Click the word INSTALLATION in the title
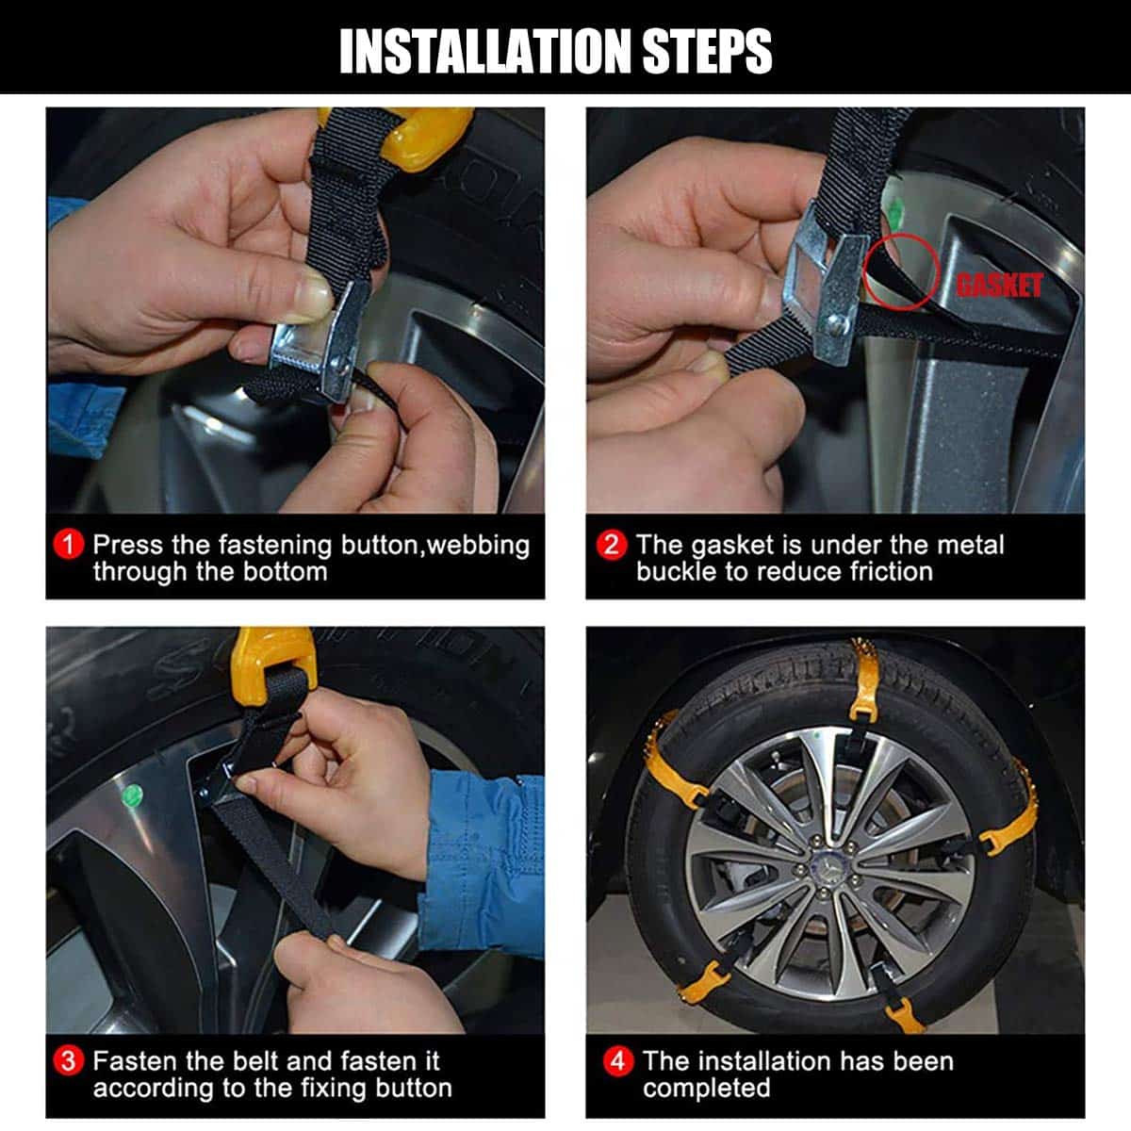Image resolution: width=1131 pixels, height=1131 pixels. [484, 52]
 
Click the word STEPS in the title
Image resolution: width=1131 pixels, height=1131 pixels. [707, 52]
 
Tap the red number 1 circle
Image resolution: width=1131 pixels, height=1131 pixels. [69, 545]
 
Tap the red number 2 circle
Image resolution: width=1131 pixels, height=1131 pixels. [612, 545]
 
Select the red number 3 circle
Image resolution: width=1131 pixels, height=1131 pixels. [69, 1061]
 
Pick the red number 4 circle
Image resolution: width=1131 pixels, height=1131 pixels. [617, 1061]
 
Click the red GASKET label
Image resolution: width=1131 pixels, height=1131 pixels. [1000, 286]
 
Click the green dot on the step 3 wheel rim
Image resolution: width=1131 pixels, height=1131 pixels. [132, 795]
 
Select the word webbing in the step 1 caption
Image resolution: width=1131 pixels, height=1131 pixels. [479, 546]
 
